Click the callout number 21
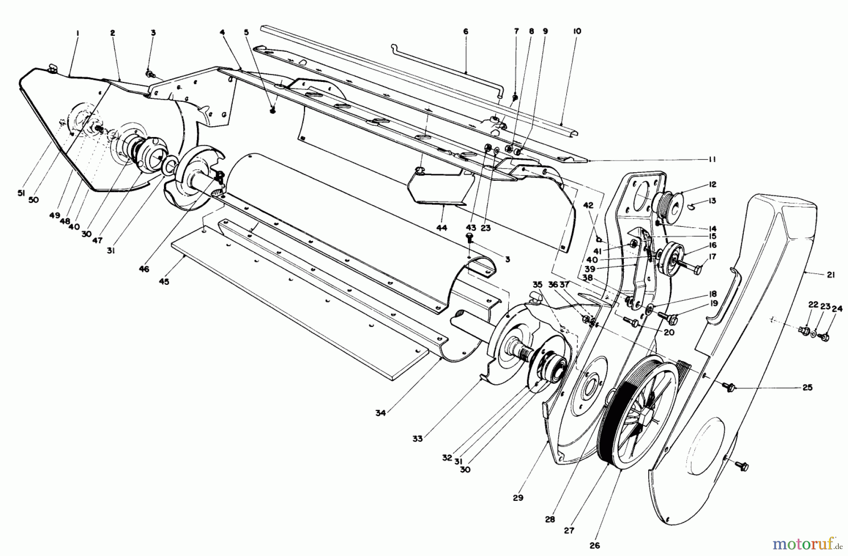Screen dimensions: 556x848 point(830,275)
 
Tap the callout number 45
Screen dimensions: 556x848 point(164,282)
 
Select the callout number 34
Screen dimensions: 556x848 point(381,413)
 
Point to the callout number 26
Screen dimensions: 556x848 point(595,546)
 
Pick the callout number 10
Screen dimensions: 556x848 point(577,31)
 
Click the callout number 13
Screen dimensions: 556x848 point(712,201)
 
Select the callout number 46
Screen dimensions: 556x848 point(144,269)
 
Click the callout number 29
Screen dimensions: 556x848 point(518,497)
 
